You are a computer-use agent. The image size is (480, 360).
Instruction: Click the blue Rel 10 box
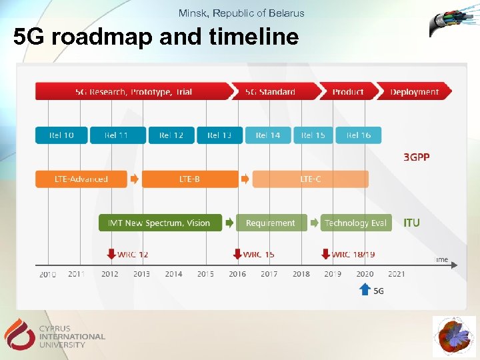[61, 135]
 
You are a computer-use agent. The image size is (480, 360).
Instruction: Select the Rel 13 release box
[219, 135]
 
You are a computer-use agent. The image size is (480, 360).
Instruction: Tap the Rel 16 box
[358, 135]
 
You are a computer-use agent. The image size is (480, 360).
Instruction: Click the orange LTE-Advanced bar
[81, 179]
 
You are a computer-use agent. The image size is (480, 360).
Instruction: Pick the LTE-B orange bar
[189, 179]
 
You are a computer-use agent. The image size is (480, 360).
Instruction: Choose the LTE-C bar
[310, 179]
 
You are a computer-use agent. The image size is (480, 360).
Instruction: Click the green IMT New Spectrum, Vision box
[159, 223]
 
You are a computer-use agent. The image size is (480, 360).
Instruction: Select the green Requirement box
[271, 223]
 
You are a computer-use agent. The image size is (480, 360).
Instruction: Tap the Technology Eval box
[355, 223]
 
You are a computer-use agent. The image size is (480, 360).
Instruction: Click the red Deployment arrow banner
[414, 91]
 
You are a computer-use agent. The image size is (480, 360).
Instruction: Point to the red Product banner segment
[347, 91]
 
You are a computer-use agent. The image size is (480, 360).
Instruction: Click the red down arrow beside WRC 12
[111, 254]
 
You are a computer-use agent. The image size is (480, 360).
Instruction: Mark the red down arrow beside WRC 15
[237, 254]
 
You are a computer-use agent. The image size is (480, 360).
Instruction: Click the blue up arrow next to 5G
[365, 289]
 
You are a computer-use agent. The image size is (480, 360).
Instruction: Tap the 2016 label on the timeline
[237, 274]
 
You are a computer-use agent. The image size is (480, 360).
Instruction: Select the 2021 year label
[396, 274]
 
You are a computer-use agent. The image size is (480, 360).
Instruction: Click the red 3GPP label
[417, 157]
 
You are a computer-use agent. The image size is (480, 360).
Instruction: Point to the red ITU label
[412, 223]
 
